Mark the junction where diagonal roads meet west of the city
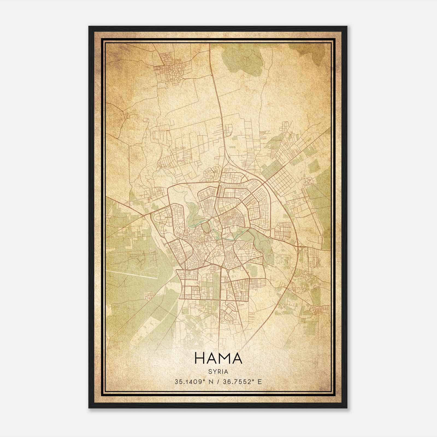click(x=144, y=215)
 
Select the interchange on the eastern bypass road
click(x=300, y=247)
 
